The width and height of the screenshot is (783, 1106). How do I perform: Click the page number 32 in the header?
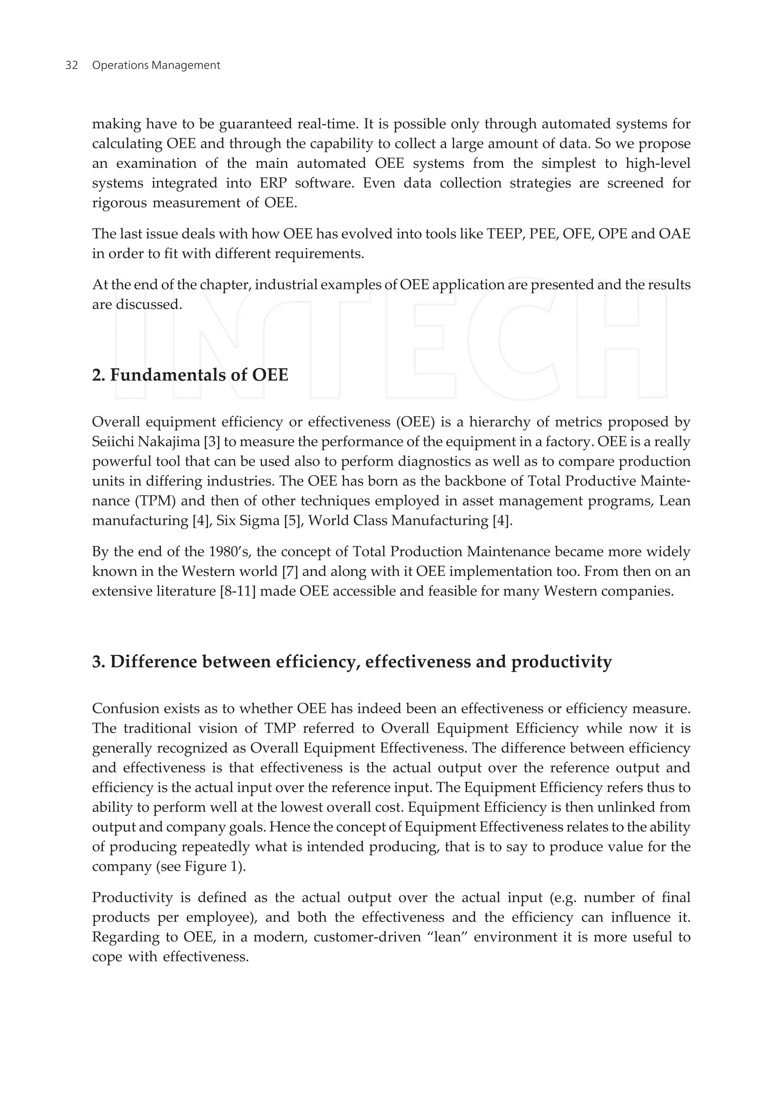click(71, 65)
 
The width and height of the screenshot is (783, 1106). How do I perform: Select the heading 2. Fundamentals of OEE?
click(190, 375)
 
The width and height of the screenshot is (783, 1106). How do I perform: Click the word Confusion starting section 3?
click(124, 709)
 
